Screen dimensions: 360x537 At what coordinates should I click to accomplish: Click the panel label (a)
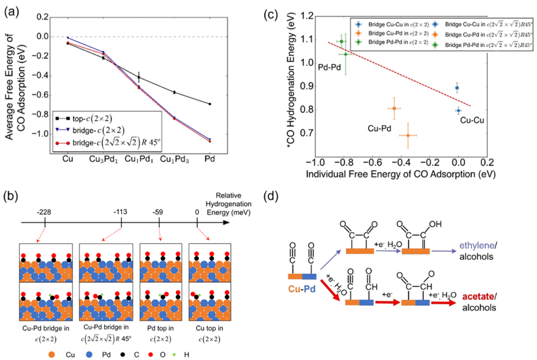point(14,9)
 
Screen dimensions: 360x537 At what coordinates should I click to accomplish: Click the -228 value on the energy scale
point(44,211)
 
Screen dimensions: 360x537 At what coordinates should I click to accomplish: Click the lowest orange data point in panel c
point(408,135)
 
